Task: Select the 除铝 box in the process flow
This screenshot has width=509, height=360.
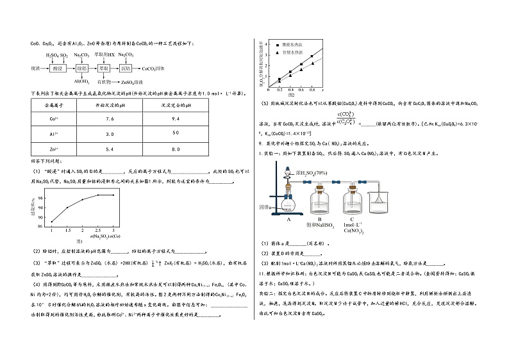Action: (x=81, y=67)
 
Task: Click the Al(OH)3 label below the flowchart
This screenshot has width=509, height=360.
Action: (x=81, y=81)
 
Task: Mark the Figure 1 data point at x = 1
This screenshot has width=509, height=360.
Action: (x=52, y=222)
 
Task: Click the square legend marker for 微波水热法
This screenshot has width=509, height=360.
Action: (x=277, y=45)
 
